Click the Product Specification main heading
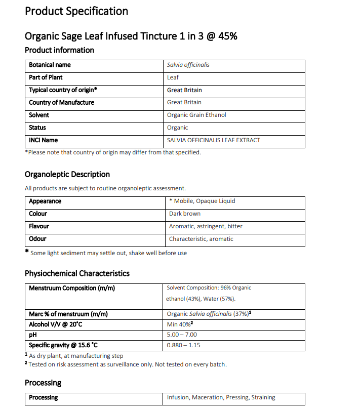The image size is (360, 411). [x=76, y=11]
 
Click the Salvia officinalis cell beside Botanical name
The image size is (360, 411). [x=188, y=65]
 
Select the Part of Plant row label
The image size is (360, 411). [x=46, y=77]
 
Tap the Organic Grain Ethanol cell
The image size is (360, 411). [x=196, y=115]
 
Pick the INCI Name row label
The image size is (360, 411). [x=43, y=140]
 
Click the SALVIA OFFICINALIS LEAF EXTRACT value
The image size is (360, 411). [x=214, y=140]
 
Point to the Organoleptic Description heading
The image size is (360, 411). [x=67, y=174]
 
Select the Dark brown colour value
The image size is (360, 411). [x=185, y=214]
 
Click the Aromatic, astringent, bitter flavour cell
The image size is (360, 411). [x=206, y=226]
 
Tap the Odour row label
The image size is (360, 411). [x=37, y=239]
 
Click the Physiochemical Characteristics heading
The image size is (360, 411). [x=77, y=273]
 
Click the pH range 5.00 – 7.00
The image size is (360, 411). [x=182, y=335]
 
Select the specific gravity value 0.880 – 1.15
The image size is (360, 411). [x=183, y=345]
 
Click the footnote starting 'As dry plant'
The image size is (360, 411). [x=76, y=356]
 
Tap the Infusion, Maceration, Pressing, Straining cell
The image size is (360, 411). [x=221, y=397]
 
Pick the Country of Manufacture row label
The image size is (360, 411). [x=61, y=102]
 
